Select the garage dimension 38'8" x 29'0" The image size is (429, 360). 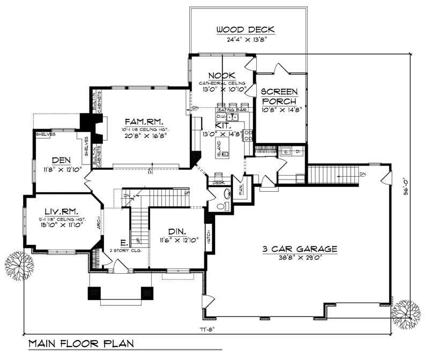coord(300,258)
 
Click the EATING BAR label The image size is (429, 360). coord(231,110)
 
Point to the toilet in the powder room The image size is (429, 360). coord(225,194)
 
